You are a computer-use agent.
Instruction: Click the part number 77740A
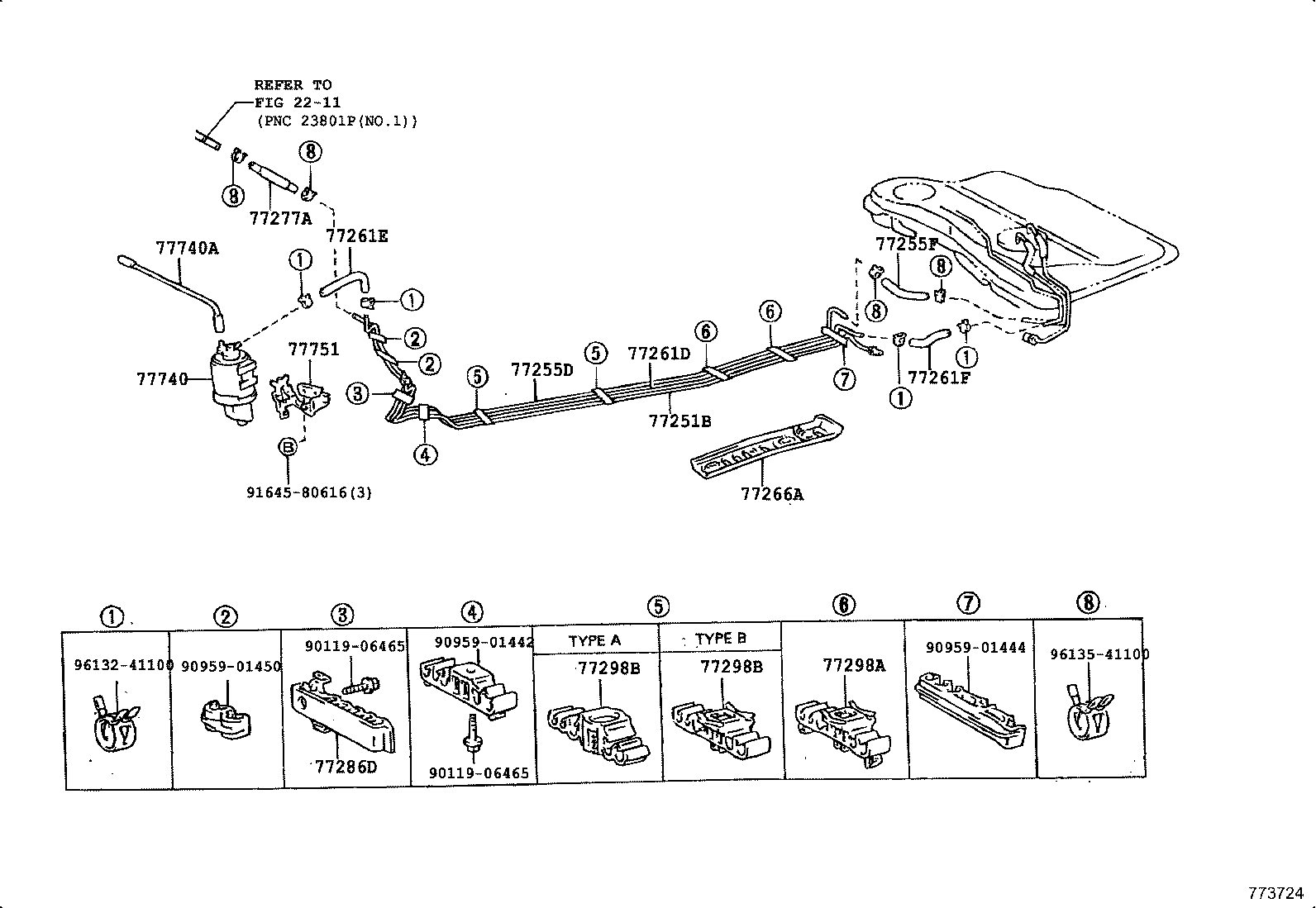point(187,247)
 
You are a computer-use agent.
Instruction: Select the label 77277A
point(280,218)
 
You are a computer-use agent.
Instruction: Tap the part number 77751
point(313,349)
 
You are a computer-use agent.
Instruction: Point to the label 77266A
point(772,494)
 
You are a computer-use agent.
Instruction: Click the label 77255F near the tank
point(907,244)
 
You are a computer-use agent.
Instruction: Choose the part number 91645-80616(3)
point(309,492)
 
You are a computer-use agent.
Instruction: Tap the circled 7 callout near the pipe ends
point(843,379)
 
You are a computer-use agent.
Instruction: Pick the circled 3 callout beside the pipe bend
point(357,393)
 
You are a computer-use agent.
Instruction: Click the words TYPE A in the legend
point(594,640)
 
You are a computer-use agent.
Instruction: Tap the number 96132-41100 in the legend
point(123,664)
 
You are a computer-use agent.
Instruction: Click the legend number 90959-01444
point(975,648)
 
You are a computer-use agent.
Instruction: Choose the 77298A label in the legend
point(854,664)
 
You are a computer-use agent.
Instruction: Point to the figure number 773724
point(1275,893)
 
